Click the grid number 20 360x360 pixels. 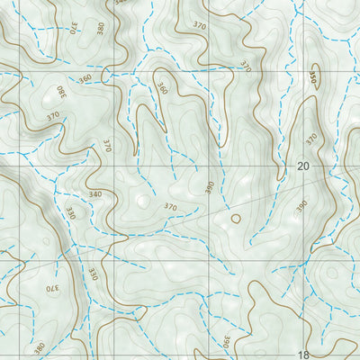302,166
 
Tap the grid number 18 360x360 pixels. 302,355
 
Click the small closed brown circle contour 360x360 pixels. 237,217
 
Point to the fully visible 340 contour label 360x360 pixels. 94,193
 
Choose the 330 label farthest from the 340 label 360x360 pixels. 94,272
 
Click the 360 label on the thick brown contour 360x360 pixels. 162,89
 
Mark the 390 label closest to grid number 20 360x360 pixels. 302,206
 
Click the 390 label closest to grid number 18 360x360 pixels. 227,342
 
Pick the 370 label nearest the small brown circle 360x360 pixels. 171,207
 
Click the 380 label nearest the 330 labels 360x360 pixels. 40,347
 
